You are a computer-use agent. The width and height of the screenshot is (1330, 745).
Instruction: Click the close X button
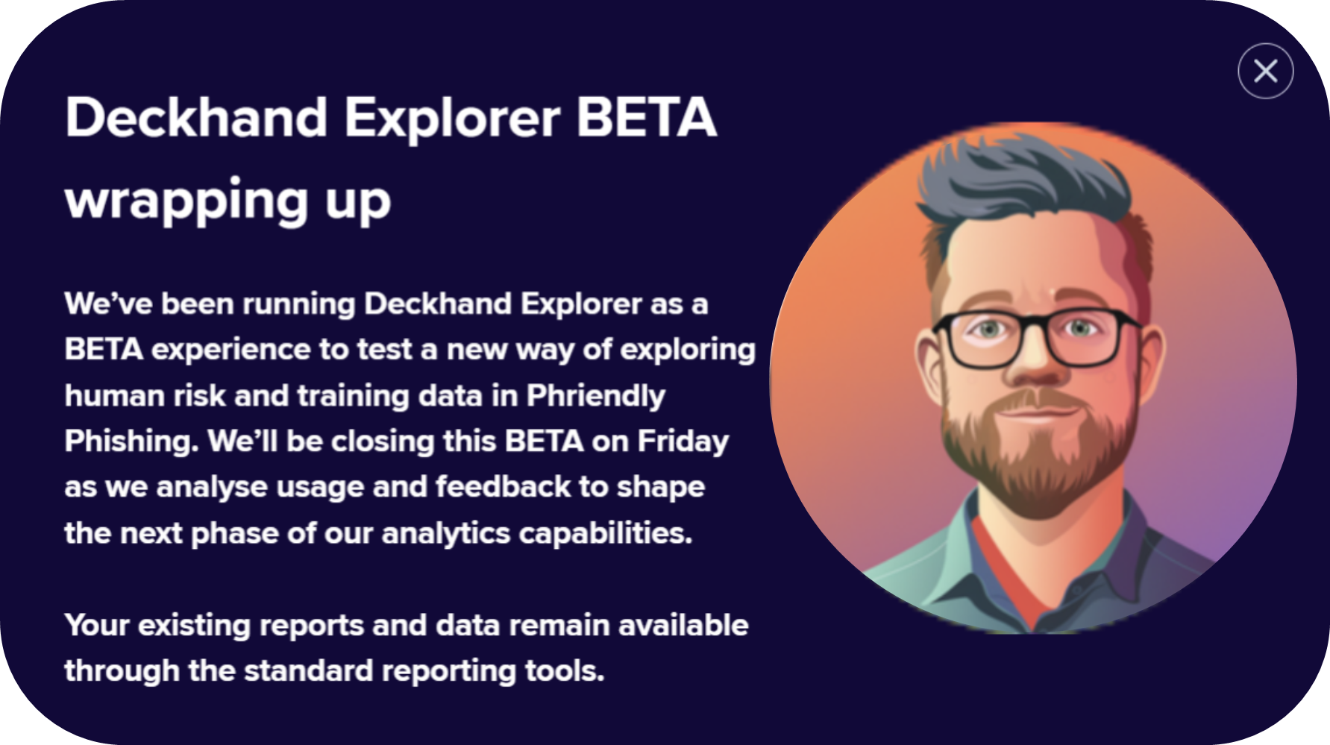tap(1265, 71)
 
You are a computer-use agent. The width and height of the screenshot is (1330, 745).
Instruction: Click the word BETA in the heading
tap(646, 117)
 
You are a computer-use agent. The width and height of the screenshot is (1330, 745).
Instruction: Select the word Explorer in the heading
tap(452, 119)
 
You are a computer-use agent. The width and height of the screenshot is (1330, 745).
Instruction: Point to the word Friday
tap(683, 442)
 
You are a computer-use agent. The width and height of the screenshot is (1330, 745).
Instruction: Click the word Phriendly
tap(596, 396)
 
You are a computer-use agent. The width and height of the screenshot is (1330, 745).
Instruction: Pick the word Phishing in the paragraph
tap(131, 442)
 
